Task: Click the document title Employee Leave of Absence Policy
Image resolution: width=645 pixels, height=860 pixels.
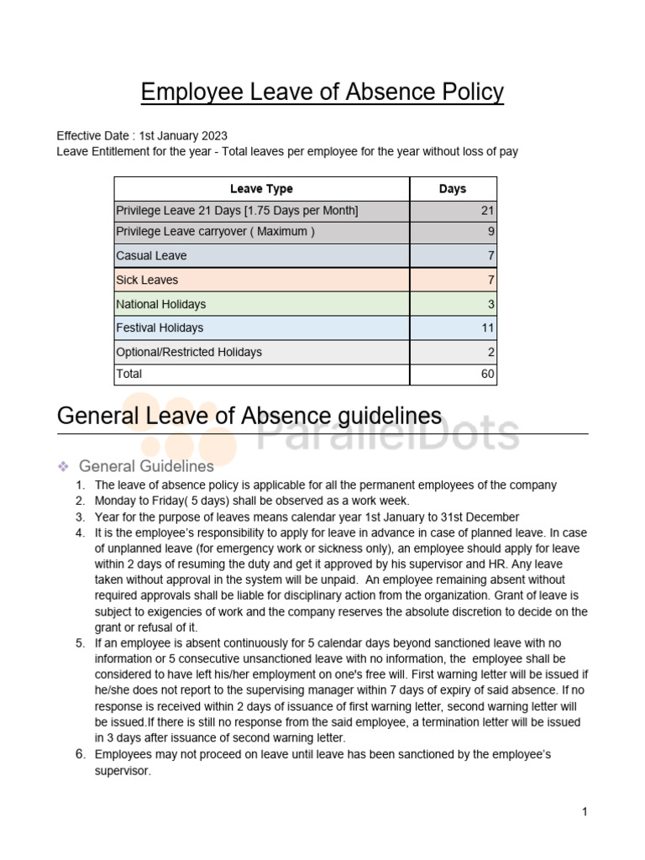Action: tap(322, 92)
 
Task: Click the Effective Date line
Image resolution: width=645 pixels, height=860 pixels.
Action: tap(142, 135)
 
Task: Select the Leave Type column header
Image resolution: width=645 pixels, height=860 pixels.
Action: tap(261, 189)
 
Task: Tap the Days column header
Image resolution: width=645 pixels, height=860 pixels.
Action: tap(453, 189)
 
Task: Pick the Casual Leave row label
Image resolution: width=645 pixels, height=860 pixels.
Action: tap(152, 255)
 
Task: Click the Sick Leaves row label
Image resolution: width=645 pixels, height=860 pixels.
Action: tap(148, 280)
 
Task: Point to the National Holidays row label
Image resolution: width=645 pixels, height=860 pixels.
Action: tap(161, 304)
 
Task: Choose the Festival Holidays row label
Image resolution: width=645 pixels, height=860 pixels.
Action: tap(160, 328)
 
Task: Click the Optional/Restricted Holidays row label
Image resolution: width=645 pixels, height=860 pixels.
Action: tap(189, 352)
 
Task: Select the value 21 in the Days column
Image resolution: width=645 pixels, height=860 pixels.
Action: tap(488, 210)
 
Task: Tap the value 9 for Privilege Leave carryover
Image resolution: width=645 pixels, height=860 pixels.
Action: tap(491, 232)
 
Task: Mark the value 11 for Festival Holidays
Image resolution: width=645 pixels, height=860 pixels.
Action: tap(488, 328)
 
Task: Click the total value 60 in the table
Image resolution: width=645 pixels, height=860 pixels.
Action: tap(488, 374)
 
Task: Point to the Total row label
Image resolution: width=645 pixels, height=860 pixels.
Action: tap(129, 374)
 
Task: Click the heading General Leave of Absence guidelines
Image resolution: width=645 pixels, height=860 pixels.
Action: tap(249, 416)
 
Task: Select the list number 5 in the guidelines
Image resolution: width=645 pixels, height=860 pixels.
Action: tap(81, 643)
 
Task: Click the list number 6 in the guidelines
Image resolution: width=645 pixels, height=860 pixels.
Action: tap(81, 754)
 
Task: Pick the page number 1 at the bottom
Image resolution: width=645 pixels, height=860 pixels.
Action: tap(584, 811)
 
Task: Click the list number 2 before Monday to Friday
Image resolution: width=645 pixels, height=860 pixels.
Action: tap(81, 501)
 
